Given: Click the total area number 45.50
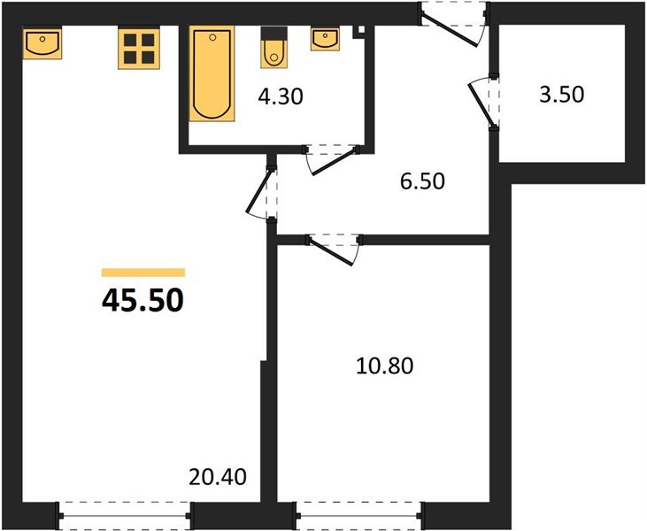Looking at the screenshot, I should pos(142,301).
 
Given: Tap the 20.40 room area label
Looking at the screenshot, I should pos(216,476).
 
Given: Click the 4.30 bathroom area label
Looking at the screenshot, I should pos(281,96).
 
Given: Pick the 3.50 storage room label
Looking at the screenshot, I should pos(561,94).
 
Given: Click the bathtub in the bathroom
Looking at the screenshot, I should pos(212,74).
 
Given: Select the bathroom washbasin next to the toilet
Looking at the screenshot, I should pos(325,39).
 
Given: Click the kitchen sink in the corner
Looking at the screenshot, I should pos(42,43).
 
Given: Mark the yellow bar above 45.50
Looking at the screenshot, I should pos(142,273).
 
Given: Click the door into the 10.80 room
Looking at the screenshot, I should pos(333,246).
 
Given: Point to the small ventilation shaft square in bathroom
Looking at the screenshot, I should pos(358,31).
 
